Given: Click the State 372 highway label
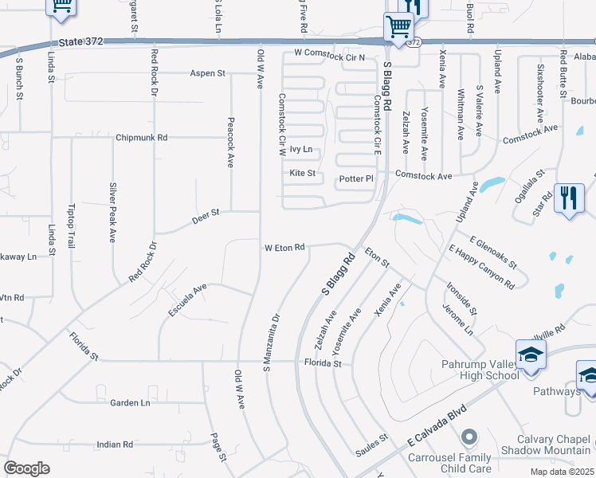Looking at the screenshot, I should click(81, 41).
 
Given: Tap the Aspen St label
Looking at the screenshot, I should click(207, 73).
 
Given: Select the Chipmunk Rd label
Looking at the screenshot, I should click(141, 137).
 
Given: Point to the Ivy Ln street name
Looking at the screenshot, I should click(300, 149).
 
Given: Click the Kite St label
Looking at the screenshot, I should click(303, 173).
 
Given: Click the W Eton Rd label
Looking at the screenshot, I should click(285, 247).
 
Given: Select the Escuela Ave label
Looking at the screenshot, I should click(187, 300).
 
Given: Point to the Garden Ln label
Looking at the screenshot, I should click(131, 403).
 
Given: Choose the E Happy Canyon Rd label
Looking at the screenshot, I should click(481, 268).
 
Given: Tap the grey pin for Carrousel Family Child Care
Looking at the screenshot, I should click(469, 437).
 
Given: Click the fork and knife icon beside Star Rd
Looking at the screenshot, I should click(569, 198).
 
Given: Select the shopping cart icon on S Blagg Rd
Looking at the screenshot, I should click(398, 26).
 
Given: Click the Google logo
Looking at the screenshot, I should click(26, 468).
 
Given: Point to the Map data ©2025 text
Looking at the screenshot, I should click(563, 472).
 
